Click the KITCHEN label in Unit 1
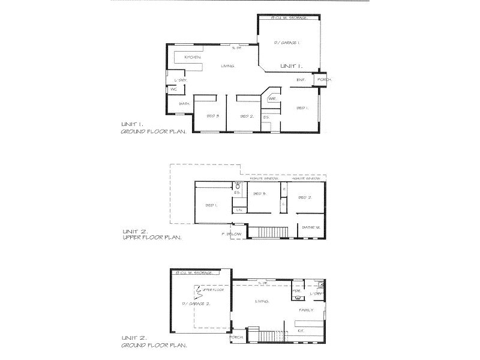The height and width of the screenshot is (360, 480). coord(192,57)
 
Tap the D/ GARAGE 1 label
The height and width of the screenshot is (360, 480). coord(287,43)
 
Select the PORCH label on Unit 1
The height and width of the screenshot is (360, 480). coord(325,80)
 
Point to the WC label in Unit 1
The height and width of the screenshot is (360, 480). coord(173,89)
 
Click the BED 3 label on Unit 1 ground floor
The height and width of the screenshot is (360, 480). coord(211,116)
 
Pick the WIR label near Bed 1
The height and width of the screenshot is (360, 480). coord(272,98)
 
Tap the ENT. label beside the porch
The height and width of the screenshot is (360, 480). coord(301,80)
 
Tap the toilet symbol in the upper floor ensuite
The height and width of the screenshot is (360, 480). coord(238,187)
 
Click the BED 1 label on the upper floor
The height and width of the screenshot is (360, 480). coord(211,205)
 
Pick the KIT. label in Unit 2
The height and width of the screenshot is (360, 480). coord(301,331)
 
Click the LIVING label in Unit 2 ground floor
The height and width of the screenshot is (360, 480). coord(262,301)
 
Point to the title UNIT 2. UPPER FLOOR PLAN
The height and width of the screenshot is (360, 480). coord(151,233)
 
